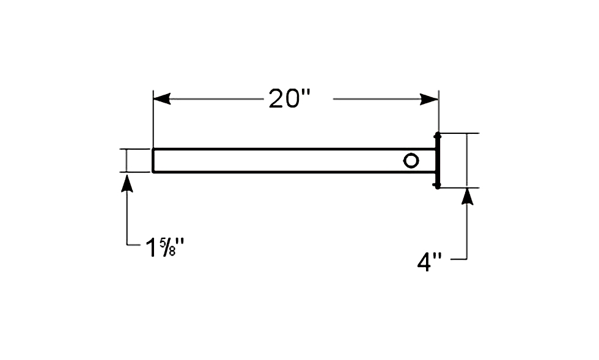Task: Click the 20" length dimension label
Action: [x=289, y=98]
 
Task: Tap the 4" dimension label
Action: [x=429, y=263]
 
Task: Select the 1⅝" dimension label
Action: [x=164, y=248]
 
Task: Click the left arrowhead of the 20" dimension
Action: [x=162, y=99]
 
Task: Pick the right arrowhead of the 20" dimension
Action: [x=429, y=100]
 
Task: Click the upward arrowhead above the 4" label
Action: [x=467, y=196]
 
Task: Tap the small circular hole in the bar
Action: [x=411, y=161]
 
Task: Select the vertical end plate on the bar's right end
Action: [x=438, y=161]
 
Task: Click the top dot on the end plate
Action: [x=438, y=135]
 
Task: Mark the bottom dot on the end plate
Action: [x=438, y=186]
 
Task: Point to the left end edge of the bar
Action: [x=153, y=161]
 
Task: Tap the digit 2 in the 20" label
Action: [x=277, y=98]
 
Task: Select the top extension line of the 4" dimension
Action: [x=460, y=133]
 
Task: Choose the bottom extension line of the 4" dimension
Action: [x=460, y=188]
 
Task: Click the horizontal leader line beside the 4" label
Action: [x=459, y=260]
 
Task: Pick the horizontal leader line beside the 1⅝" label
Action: [x=134, y=244]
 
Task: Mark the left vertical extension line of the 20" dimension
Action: [x=153, y=119]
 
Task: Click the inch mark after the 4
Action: [x=438, y=257]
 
